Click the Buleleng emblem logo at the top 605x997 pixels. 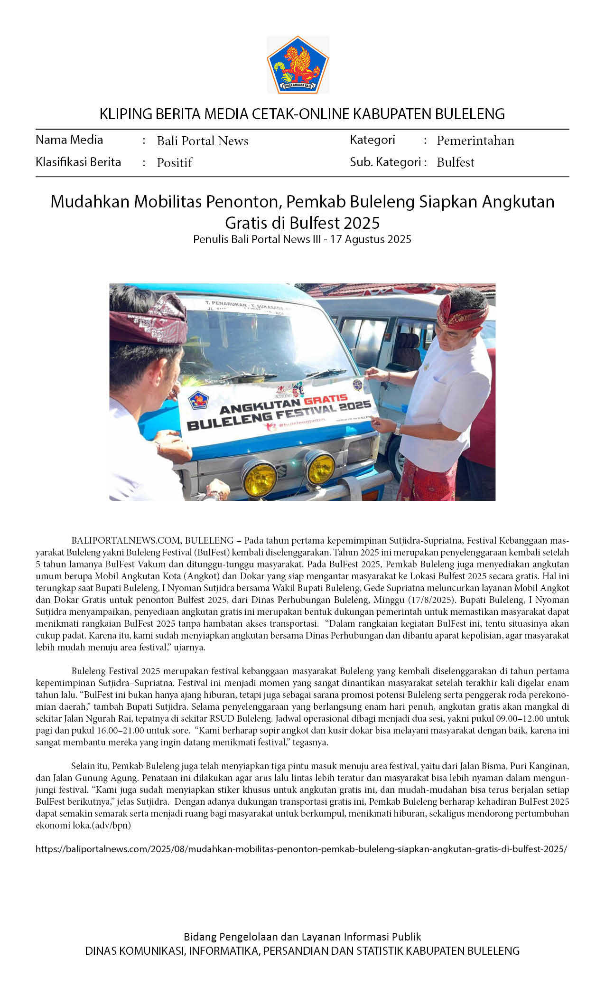click(x=298, y=65)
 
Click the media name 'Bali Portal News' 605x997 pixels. click(x=203, y=141)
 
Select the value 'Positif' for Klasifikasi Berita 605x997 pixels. click(x=175, y=163)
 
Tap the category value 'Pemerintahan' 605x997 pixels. click(x=475, y=141)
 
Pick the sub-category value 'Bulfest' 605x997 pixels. click(x=456, y=162)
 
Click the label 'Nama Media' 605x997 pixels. click(x=69, y=140)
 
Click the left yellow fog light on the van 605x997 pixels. click(x=259, y=478)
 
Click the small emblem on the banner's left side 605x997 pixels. click(x=198, y=400)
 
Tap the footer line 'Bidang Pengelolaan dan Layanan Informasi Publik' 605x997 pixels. click(x=302, y=937)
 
